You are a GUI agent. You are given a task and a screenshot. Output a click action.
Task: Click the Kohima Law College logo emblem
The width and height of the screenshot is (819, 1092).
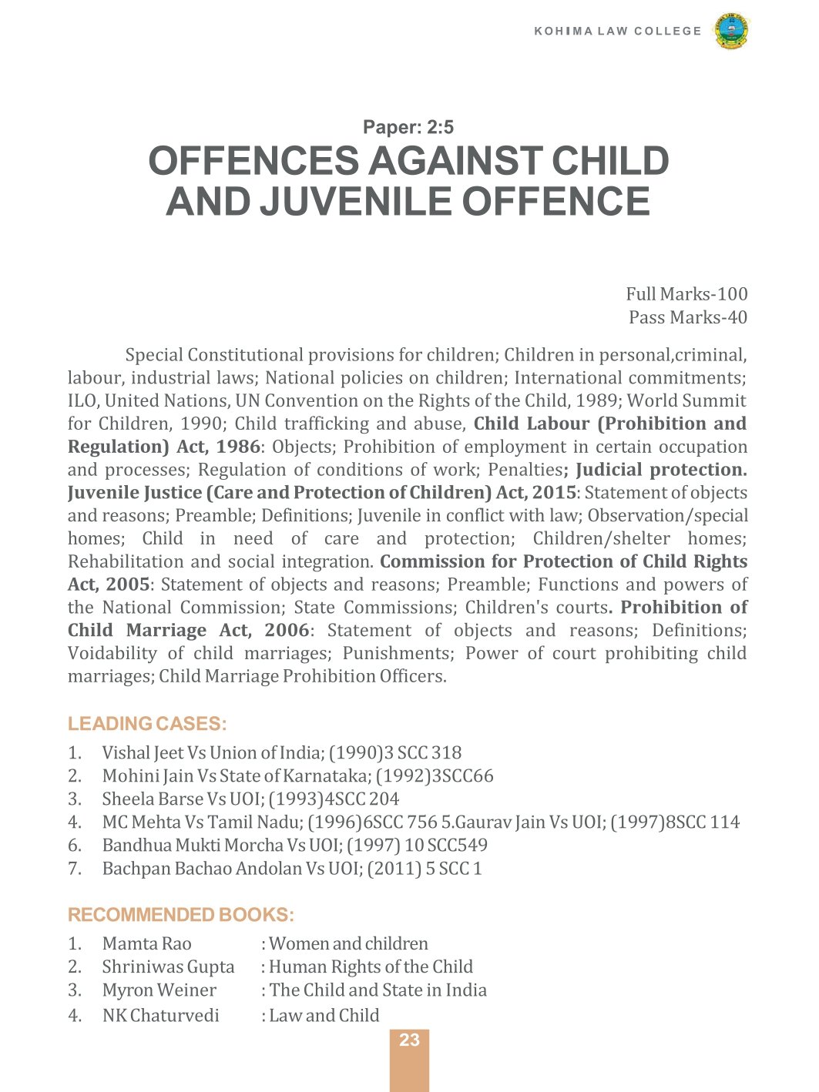click(731, 32)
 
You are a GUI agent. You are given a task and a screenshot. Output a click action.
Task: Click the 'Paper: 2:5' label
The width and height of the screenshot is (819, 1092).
click(408, 127)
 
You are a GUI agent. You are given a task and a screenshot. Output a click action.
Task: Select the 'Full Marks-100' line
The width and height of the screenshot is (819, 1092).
click(686, 294)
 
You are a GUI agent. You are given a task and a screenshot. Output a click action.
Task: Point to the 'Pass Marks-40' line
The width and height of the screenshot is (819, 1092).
click(688, 317)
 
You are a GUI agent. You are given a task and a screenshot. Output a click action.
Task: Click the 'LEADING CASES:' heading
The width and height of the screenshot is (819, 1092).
click(147, 724)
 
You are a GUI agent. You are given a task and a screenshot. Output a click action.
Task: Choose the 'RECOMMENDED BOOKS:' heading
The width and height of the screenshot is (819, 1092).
click(181, 915)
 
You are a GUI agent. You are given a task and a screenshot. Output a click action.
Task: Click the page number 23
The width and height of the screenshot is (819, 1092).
click(409, 1040)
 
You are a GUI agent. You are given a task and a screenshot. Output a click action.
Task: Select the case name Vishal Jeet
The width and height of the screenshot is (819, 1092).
click(143, 753)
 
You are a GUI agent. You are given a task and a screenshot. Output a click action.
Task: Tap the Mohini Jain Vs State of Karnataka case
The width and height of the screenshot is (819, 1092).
click(297, 776)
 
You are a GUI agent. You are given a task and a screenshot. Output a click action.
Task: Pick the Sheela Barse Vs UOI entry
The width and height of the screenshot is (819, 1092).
click(250, 799)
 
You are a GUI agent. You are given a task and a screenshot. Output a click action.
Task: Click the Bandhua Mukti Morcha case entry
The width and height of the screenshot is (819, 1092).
click(294, 846)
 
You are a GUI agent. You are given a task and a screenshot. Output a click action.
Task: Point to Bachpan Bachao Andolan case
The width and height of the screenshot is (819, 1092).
click(291, 869)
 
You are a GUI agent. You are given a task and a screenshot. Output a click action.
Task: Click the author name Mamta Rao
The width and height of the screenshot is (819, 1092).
click(146, 944)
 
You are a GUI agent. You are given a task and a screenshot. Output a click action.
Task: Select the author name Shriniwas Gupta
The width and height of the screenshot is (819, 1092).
click(168, 967)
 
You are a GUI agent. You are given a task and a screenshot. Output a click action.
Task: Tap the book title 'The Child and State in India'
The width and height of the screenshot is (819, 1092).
click(378, 990)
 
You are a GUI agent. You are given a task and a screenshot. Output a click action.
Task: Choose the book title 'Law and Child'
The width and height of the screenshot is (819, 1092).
click(324, 1016)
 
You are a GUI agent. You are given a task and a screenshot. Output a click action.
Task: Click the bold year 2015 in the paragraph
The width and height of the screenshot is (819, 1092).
click(554, 493)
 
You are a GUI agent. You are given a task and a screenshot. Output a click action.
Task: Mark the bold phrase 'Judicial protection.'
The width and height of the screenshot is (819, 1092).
click(661, 470)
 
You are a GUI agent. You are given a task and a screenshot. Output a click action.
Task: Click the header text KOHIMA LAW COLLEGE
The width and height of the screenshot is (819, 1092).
click(618, 32)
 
